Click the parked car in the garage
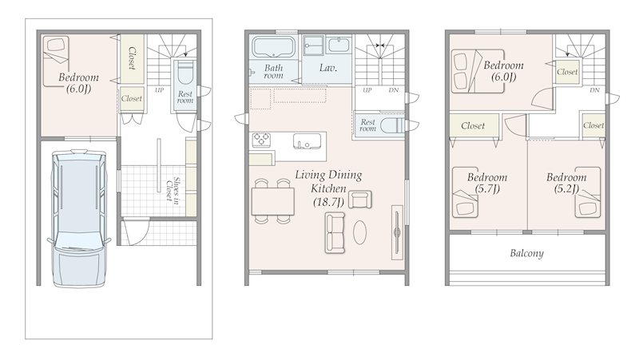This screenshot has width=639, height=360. pyautogui.click(x=78, y=218)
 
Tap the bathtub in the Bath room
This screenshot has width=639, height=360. pyautogui.click(x=273, y=47)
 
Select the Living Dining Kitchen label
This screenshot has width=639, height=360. pyautogui.click(x=328, y=188)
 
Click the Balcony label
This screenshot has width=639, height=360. pyautogui.click(x=527, y=253)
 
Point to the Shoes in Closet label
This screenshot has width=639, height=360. pyautogui.click(x=173, y=190)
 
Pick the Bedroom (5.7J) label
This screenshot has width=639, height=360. pyautogui.click(x=487, y=183)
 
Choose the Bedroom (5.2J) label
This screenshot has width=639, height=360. pyautogui.click(x=566, y=183)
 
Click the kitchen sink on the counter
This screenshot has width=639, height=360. pyautogui.click(x=307, y=141)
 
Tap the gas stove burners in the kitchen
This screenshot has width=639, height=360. pyautogui.click(x=260, y=140)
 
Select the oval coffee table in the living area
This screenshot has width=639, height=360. pyautogui.click(x=359, y=232)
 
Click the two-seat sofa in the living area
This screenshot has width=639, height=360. pyautogui.click(x=335, y=232)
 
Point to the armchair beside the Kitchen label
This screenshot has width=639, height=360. pyautogui.click(x=360, y=200)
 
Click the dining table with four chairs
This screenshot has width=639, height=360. pyautogui.click(x=272, y=201)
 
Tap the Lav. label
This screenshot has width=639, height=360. pyautogui.click(x=328, y=68)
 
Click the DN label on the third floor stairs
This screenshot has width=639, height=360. pyautogui.click(x=594, y=90)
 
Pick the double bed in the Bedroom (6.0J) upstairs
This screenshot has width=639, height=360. pyautogui.click(x=478, y=72)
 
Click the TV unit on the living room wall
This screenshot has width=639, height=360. pyautogui.click(x=397, y=232)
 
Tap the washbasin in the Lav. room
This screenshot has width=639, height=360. pyautogui.click(x=339, y=45)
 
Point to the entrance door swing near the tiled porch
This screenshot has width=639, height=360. pyautogui.click(x=137, y=232)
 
